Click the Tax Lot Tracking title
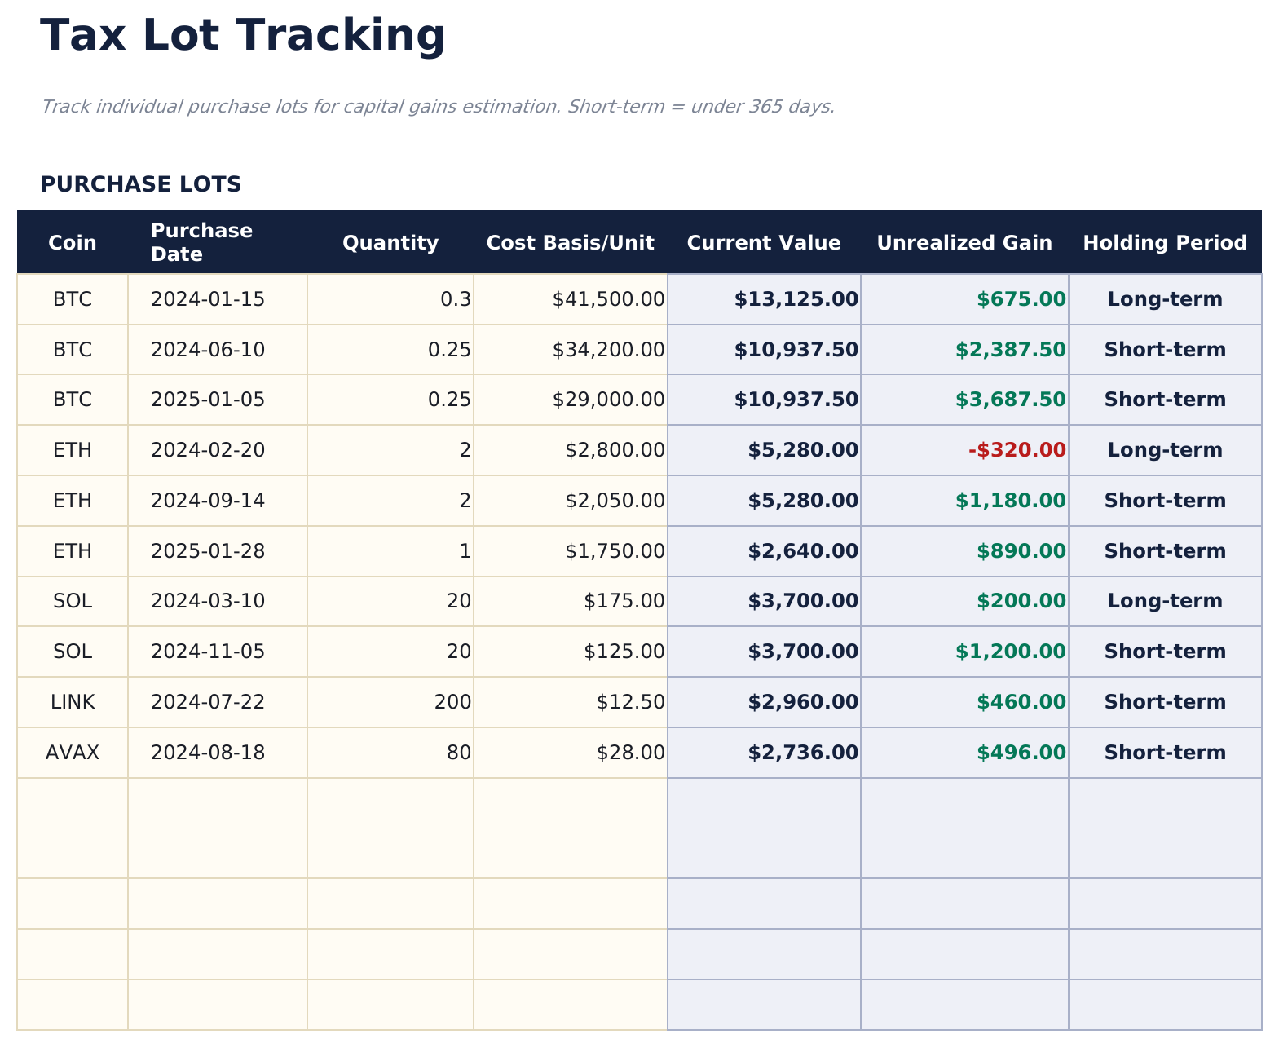242,36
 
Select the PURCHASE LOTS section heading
141,184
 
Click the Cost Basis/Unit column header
570,243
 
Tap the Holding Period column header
1164,243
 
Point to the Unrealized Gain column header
964,243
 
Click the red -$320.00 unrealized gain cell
1017,450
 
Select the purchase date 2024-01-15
208,299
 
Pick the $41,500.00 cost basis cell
608,299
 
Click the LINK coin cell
73,702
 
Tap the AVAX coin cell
73,753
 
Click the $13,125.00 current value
796,299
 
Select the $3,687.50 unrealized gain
1010,400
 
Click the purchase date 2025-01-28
208,551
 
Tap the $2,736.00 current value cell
802,753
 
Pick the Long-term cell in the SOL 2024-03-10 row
1164,601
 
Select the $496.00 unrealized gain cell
1021,753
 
